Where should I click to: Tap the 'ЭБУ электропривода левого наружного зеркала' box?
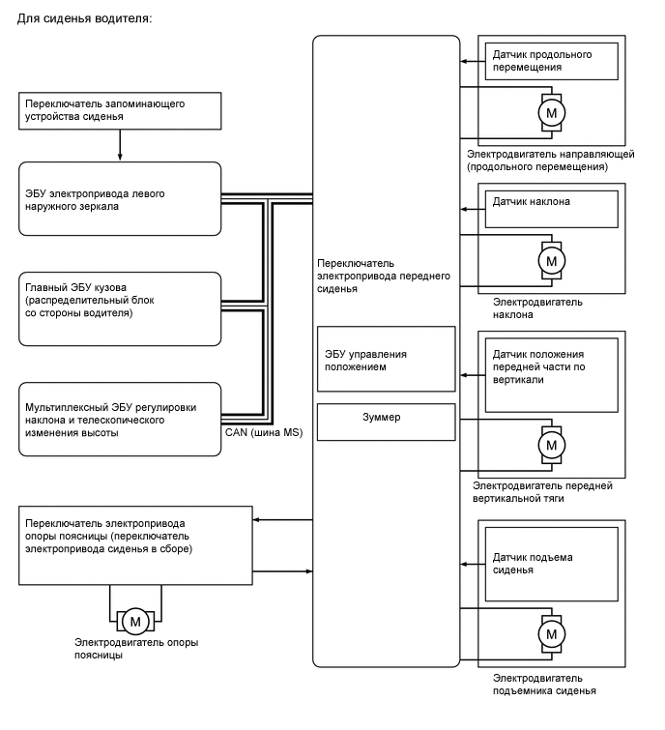[x=120, y=199]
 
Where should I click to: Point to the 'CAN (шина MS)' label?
[x=263, y=432]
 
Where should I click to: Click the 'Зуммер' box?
[x=386, y=421]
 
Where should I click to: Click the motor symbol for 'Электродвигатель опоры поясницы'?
[x=135, y=620]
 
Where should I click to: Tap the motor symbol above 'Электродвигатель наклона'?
[x=552, y=261]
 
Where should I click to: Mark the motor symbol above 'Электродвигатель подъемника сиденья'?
[x=552, y=633]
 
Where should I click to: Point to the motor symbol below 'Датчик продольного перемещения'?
[x=552, y=113]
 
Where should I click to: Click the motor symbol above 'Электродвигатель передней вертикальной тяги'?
[x=552, y=445]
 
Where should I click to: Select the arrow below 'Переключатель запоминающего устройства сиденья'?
[x=120, y=144]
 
